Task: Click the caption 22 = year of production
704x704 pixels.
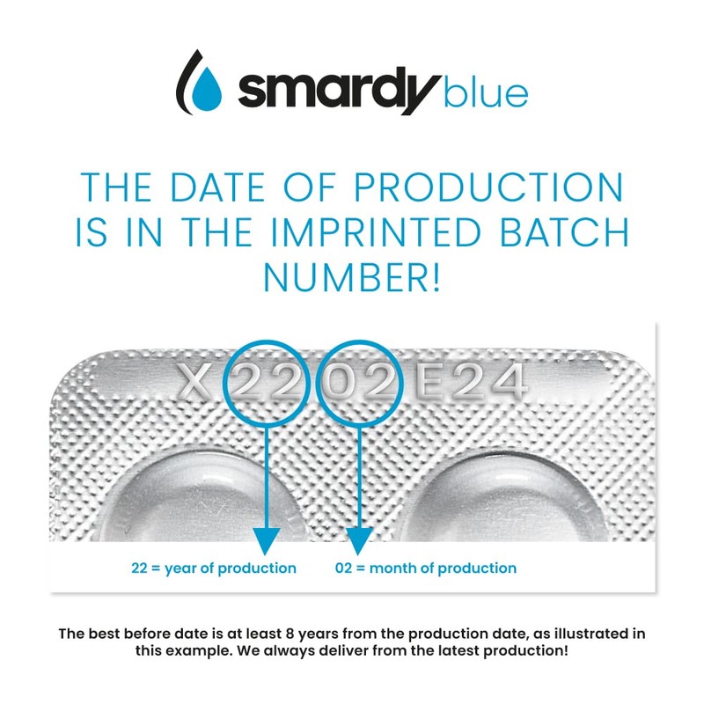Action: point(214,568)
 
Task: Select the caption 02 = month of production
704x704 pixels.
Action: point(426,568)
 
